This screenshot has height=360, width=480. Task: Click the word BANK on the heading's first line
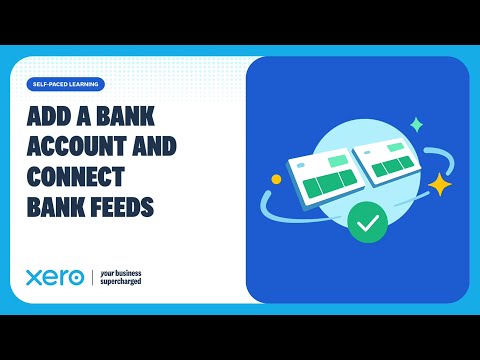129,117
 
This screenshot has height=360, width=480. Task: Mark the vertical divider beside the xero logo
92,277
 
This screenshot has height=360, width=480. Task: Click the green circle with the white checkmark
368,223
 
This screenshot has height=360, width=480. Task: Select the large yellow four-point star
439,185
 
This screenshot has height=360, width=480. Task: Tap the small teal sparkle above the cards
416,125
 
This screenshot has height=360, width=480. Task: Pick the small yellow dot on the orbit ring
277,180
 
